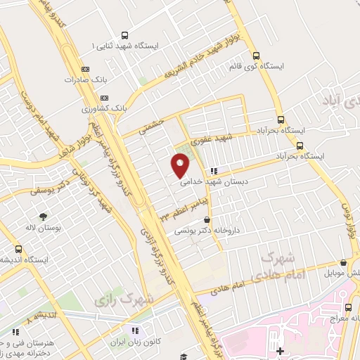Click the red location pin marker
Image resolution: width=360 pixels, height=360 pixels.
click(x=181, y=166)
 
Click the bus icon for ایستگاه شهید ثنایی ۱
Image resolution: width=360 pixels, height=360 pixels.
click(x=124, y=35)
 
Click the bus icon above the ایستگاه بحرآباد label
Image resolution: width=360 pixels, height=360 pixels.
click(x=281, y=120)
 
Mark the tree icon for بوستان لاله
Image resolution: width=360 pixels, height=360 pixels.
click(x=44, y=217)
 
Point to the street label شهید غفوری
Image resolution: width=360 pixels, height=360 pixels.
click(x=233, y=140)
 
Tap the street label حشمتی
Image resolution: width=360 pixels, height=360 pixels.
click(x=151, y=127)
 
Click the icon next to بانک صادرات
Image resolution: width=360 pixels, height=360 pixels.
click(x=85, y=69)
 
